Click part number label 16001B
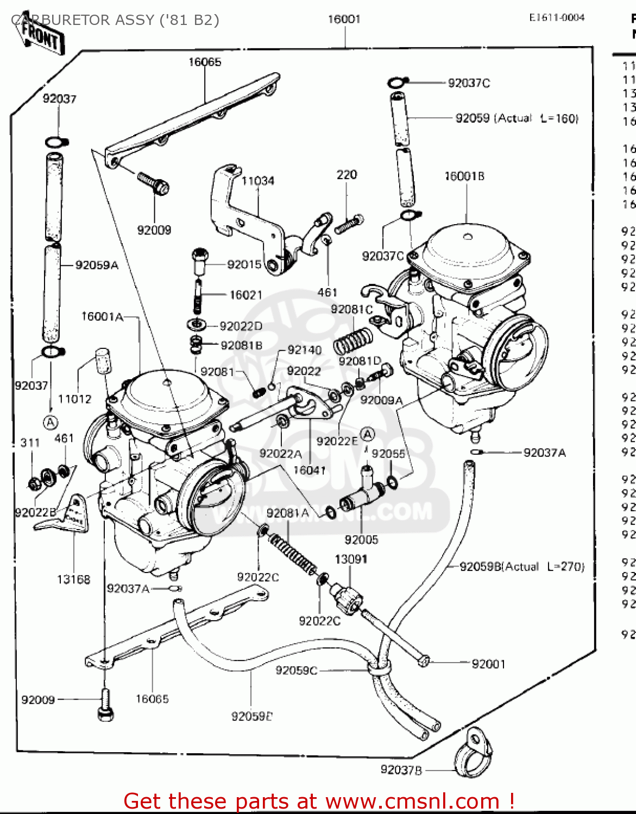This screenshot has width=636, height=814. coord(464,176)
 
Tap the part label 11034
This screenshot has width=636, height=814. coord(257,181)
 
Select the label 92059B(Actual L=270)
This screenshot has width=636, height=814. coord(522,567)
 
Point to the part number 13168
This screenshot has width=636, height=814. coord(73,580)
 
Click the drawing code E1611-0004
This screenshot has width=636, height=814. coord(557,17)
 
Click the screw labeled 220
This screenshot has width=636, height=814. coord(349,224)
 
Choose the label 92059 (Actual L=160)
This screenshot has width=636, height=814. coord(517,118)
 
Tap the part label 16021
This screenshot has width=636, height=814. coord(245,295)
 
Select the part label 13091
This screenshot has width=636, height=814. coord(351,559)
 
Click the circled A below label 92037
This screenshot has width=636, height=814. coord(51,422)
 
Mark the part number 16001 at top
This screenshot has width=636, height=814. coord(344,19)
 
